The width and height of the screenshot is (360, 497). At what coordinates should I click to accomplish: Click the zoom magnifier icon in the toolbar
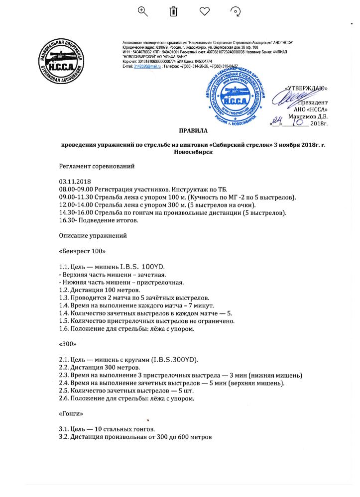(x=143, y=11)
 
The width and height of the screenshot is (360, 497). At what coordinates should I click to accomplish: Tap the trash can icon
(x=173, y=11)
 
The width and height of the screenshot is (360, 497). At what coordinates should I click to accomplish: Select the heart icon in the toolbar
(x=204, y=11)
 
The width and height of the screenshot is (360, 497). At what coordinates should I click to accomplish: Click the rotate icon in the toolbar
(x=236, y=11)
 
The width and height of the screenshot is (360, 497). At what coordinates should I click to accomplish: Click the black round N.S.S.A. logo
(x=61, y=61)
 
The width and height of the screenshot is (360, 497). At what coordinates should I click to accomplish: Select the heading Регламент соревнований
(x=97, y=166)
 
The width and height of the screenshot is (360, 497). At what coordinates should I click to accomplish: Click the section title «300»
(x=68, y=343)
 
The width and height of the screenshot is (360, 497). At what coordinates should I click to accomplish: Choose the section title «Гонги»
(x=71, y=413)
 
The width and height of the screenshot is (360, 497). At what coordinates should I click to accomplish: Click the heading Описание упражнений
(x=93, y=235)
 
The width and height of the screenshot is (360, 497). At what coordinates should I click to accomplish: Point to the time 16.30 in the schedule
(x=68, y=220)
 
